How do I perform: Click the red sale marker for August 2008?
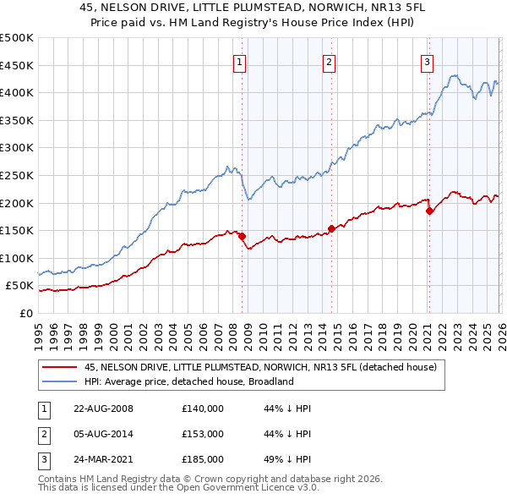(242, 236)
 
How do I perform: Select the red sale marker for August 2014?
(331, 228)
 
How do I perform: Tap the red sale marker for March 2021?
(429, 211)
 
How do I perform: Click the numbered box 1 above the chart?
(239, 61)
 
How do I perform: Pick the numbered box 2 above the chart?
(329, 61)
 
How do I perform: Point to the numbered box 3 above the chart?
(428, 61)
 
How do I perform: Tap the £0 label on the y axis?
(26, 313)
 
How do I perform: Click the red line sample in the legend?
(59, 367)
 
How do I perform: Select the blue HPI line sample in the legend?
(59, 381)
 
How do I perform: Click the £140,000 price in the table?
(202, 408)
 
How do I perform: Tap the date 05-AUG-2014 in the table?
(104, 434)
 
